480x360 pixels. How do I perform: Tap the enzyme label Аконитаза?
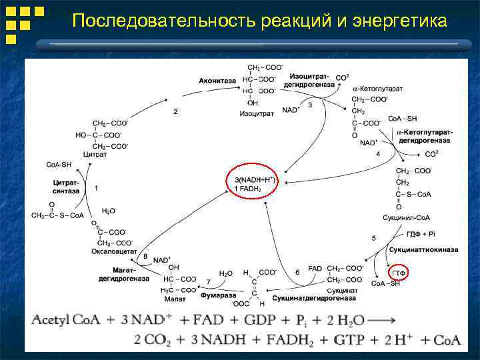coord(217,81)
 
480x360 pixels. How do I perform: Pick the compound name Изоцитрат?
coord(257,114)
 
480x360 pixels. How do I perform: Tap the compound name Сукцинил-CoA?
coord(407,217)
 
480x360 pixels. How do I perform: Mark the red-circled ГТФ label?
coord(399,273)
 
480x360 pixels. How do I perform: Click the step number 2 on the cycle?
coord(175,112)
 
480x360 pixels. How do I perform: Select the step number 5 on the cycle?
coord(373,238)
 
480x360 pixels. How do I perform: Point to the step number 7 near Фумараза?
coord(209,282)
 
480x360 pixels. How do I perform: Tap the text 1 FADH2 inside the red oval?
coord(247,189)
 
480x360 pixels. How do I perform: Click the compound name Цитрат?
coord(95,154)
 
